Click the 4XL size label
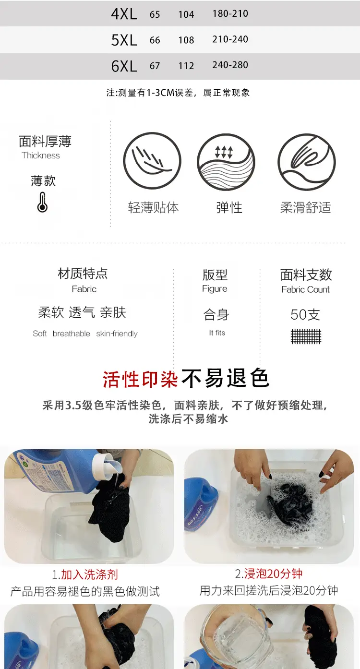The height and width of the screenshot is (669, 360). (124, 14)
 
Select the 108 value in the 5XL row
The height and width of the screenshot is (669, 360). (186, 40)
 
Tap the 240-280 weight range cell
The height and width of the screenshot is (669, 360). (230, 65)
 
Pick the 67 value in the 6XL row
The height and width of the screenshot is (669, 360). (155, 66)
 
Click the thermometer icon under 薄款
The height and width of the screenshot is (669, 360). (42, 202)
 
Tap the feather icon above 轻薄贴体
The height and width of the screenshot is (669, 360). (152, 161)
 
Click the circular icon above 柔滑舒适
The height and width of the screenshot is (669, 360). (307, 162)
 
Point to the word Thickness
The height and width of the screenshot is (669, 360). (41, 155)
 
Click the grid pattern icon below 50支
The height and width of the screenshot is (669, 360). (306, 336)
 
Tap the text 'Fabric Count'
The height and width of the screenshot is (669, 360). (305, 289)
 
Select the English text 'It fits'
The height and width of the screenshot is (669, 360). (217, 333)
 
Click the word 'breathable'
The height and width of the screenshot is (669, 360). (72, 334)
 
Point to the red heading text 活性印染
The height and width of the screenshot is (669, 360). (141, 379)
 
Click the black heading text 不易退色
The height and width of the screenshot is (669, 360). (225, 378)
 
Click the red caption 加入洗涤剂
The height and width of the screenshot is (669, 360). (89, 574)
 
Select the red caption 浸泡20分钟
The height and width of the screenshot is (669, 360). (273, 573)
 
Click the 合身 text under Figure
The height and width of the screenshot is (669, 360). (216, 314)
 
